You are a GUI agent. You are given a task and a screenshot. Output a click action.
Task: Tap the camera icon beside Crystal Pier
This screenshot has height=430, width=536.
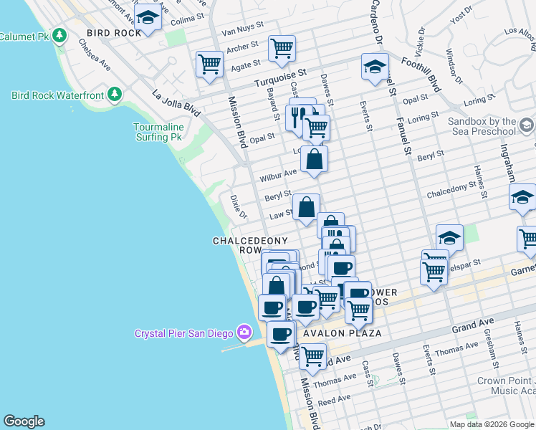[245, 332]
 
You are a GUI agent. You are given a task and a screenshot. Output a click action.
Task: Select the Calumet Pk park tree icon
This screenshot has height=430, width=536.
[59, 35]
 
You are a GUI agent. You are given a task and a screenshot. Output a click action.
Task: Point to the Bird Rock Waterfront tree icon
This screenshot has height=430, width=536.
[113, 95]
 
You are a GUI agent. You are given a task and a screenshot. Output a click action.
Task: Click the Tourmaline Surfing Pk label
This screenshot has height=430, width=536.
[158, 132]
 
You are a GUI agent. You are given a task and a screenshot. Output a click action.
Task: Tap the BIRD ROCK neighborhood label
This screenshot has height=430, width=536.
[113, 33]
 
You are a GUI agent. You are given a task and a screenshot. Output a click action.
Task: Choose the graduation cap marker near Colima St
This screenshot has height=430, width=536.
[148, 19]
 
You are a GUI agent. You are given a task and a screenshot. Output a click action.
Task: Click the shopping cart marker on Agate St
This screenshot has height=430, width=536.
[209, 63]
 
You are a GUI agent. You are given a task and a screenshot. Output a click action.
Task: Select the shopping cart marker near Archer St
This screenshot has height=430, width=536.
[282, 48]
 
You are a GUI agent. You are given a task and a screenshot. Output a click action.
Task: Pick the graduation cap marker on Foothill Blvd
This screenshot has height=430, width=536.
[375, 67]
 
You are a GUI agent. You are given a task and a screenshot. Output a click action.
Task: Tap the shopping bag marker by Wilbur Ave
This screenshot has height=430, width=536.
[314, 159]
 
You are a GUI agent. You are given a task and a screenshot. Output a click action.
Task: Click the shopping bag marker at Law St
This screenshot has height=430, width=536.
[306, 207]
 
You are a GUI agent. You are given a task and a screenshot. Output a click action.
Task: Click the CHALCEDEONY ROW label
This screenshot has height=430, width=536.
[250, 245]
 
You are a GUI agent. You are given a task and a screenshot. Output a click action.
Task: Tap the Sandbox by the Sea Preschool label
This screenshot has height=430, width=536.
[482, 127]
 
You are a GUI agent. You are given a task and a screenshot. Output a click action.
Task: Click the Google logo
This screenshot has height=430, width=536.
[24, 421]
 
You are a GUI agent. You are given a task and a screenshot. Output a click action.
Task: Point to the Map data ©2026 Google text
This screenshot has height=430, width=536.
[490, 424]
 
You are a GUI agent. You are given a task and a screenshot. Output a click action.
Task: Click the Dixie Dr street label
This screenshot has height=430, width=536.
[238, 206]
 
